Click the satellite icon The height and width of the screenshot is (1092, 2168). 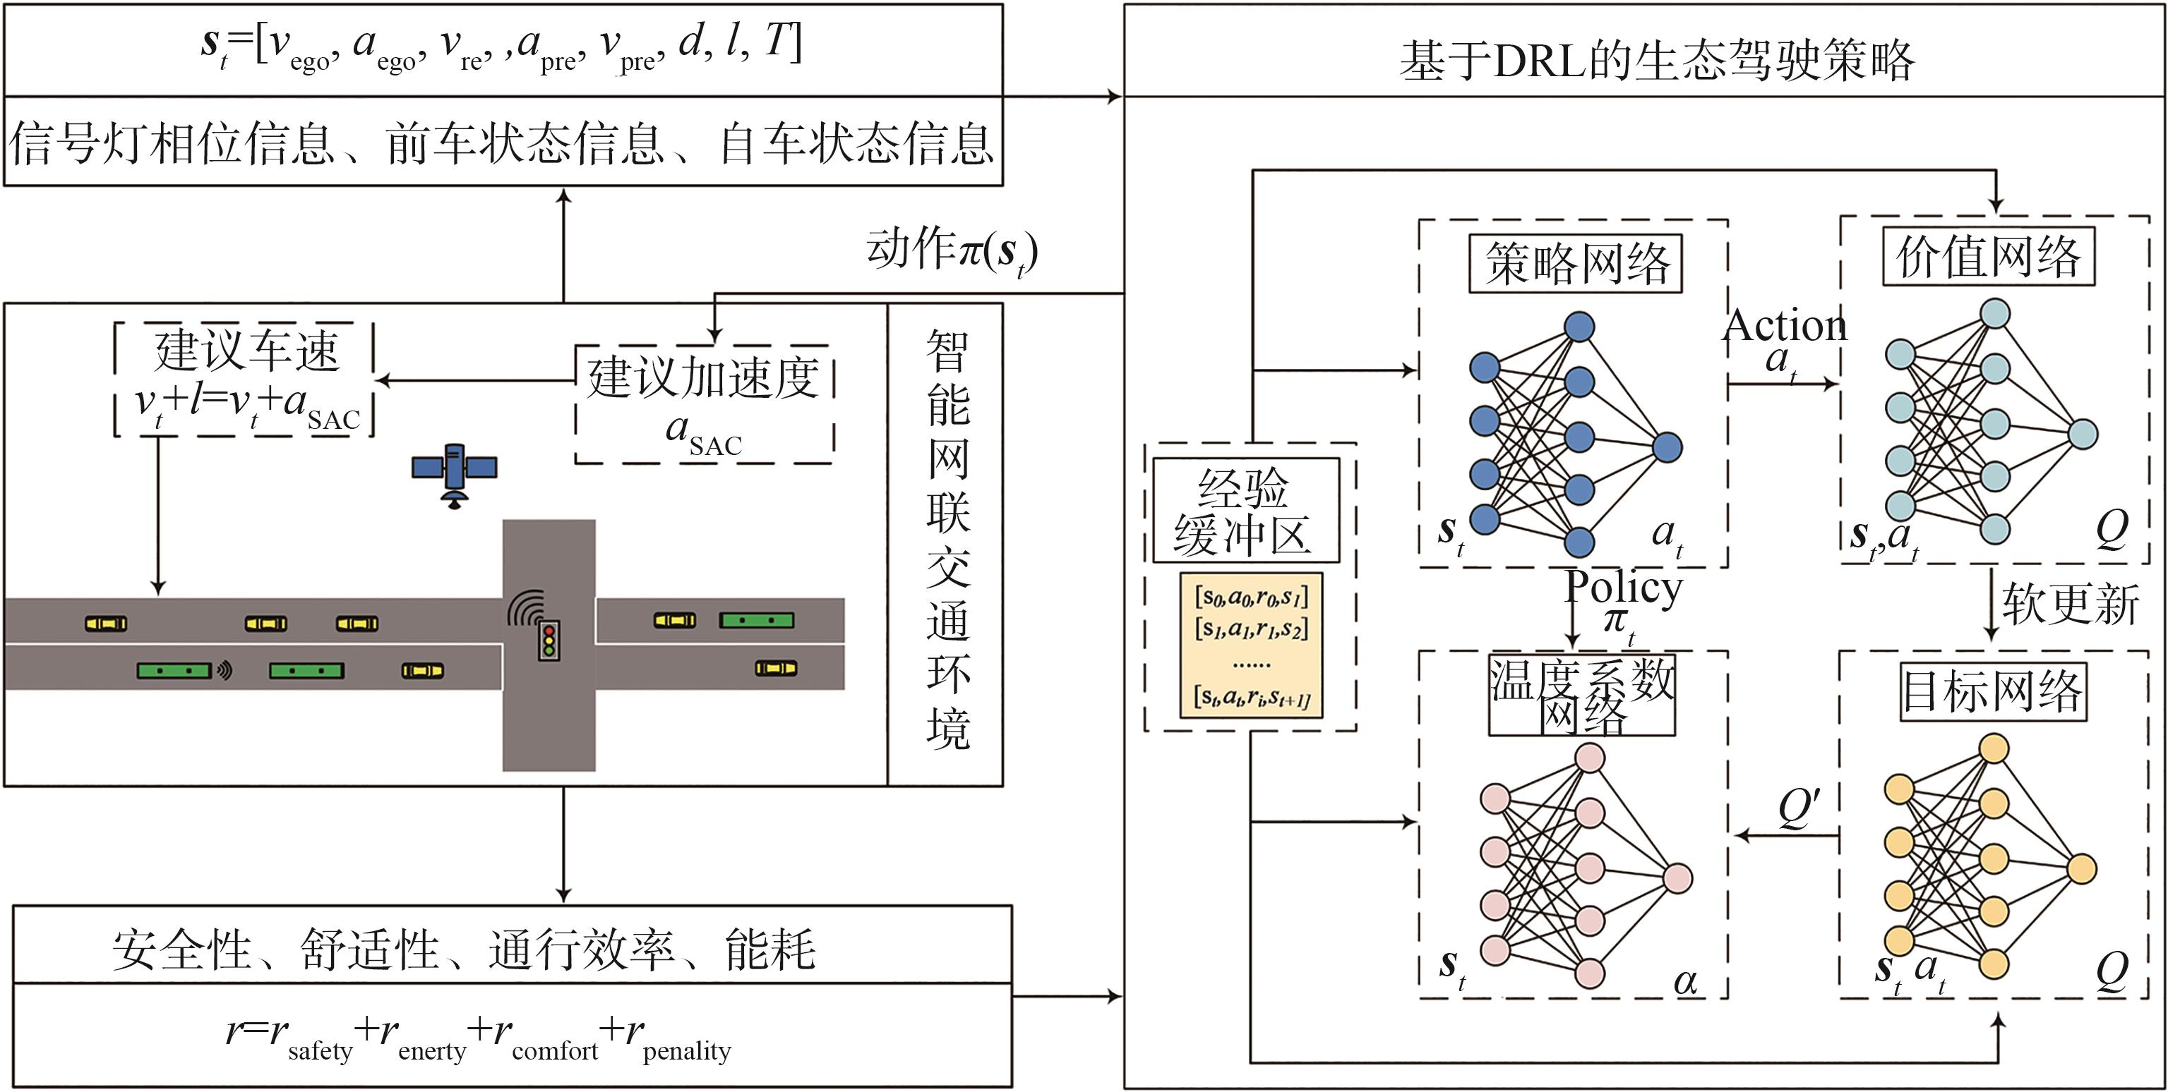coord(455,473)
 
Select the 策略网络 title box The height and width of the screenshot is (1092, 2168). coord(1575,264)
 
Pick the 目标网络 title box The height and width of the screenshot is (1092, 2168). coord(1992,691)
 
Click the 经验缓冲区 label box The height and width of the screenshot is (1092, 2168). coord(1245,511)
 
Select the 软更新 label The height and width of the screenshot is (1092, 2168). coord(2070,604)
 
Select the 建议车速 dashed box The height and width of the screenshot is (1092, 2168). coord(244,379)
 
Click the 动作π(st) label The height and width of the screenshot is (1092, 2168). coord(952,250)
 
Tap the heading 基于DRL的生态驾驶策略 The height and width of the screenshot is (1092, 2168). coord(1656,61)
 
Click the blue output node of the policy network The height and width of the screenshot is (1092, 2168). coord(1667,447)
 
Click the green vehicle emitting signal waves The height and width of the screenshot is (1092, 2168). coord(175,671)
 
